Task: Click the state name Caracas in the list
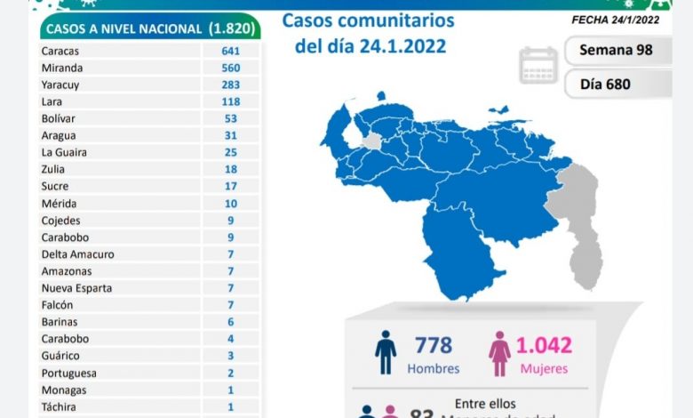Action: (60, 51)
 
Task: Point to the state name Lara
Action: (52, 101)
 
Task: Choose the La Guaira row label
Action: (63, 152)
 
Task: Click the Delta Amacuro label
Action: (77, 254)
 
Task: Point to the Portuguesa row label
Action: (68, 374)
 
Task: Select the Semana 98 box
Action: (615, 50)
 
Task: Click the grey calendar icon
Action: (538, 66)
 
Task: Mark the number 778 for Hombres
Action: (433, 345)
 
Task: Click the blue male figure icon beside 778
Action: (386, 352)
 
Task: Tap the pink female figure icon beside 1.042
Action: (499, 352)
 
